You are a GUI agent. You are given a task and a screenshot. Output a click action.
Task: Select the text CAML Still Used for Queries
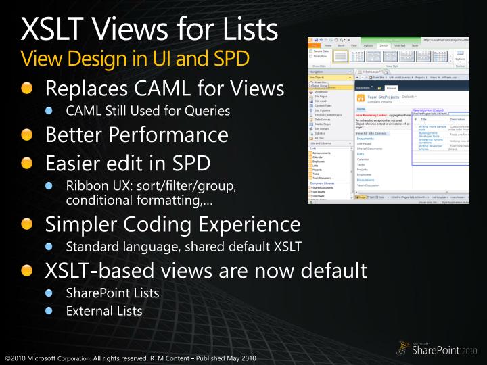click(x=148, y=110)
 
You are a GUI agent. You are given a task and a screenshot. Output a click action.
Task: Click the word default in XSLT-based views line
click(x=329, y=270)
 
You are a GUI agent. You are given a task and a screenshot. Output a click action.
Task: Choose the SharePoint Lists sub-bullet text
click(x=112, y=293)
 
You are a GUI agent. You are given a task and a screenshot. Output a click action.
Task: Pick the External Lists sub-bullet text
click(x=104, y=311)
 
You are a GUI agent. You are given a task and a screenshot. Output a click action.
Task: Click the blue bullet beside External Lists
click(x=49, y=311)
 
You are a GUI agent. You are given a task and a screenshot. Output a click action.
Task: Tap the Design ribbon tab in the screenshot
click(x=384, y=45)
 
